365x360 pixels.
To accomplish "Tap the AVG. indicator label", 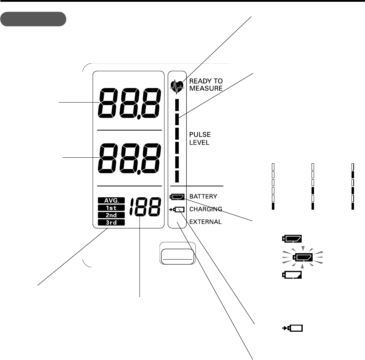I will [112, 201].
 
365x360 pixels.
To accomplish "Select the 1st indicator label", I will [112, 208].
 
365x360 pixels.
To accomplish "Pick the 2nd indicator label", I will [112, 215].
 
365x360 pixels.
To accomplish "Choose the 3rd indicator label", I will [112, 222].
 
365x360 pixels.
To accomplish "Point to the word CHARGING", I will [206, 209].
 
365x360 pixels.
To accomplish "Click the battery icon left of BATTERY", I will [178, 196].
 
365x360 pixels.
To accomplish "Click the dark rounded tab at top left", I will [33, 19].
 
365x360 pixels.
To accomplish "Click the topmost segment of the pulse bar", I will [177, 105].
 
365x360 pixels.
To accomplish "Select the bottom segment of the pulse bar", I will [177, 176].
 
